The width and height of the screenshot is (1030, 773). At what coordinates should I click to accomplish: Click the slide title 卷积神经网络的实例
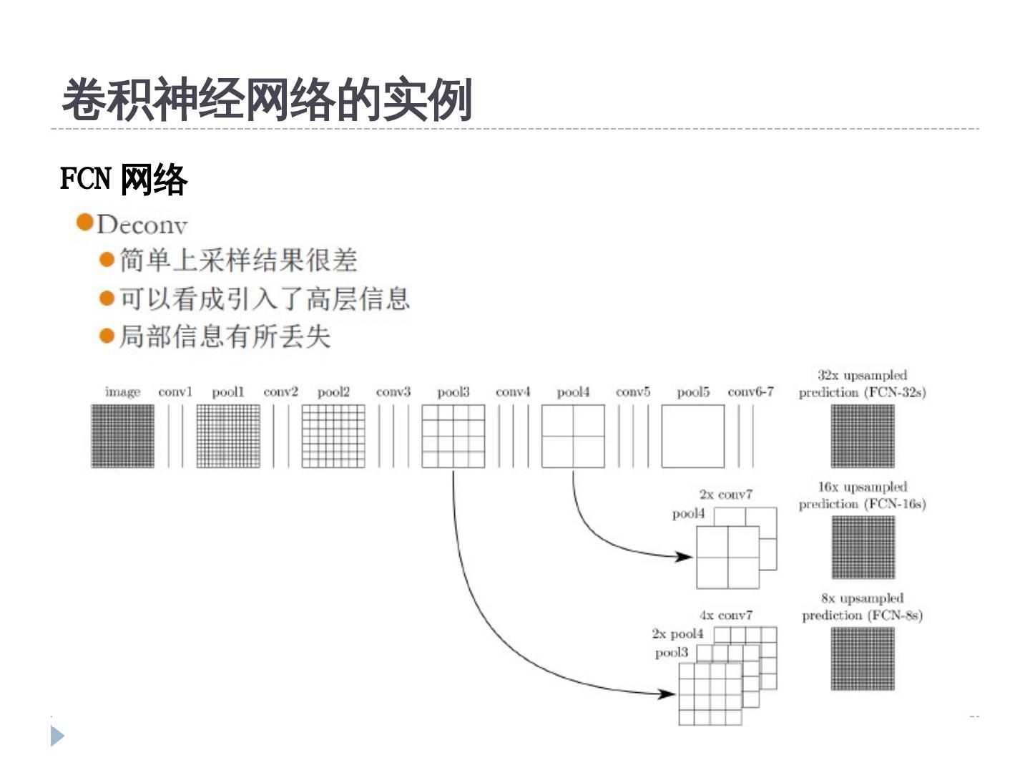tap(267, 100)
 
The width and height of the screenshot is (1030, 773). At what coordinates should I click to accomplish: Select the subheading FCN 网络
tap(123, 179)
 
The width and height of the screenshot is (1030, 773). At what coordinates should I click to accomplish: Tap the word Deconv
tap(142, 225)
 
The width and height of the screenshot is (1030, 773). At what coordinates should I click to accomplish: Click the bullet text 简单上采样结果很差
tap(237, 261)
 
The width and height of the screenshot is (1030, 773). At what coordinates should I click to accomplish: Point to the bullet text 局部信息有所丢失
tap(225, 336)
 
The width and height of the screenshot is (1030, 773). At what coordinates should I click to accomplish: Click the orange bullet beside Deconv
tap(85, 223)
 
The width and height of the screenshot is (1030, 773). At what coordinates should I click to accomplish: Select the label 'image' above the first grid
tap(122, 392)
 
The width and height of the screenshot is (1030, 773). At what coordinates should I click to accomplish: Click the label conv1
tap(175, 392)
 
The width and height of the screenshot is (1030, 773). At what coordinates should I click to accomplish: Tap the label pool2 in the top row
tap(333, 392)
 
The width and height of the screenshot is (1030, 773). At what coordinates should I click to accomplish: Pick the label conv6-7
tap(750, 392)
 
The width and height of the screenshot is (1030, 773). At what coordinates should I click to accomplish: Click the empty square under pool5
tap(692, 436)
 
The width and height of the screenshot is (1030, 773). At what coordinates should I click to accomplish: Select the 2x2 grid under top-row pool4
tap(573, 436)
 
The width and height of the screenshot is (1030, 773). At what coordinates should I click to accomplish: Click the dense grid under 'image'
tap(122, 436)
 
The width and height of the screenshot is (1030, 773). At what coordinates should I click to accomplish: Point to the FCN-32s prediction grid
tap(863, 436)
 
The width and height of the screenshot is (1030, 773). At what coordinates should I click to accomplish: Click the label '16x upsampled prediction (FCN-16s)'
tap(862, 495)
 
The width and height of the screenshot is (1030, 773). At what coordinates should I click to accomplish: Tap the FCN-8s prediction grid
tap(863, 659)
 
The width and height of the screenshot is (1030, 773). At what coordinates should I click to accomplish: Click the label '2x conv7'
tap(725, 495)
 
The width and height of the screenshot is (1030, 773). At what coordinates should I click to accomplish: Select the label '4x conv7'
tap(725, 616)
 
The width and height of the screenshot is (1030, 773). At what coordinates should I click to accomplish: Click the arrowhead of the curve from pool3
tap(668, 693)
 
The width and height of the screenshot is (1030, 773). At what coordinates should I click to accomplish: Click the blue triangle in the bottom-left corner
tap(57, 736)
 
